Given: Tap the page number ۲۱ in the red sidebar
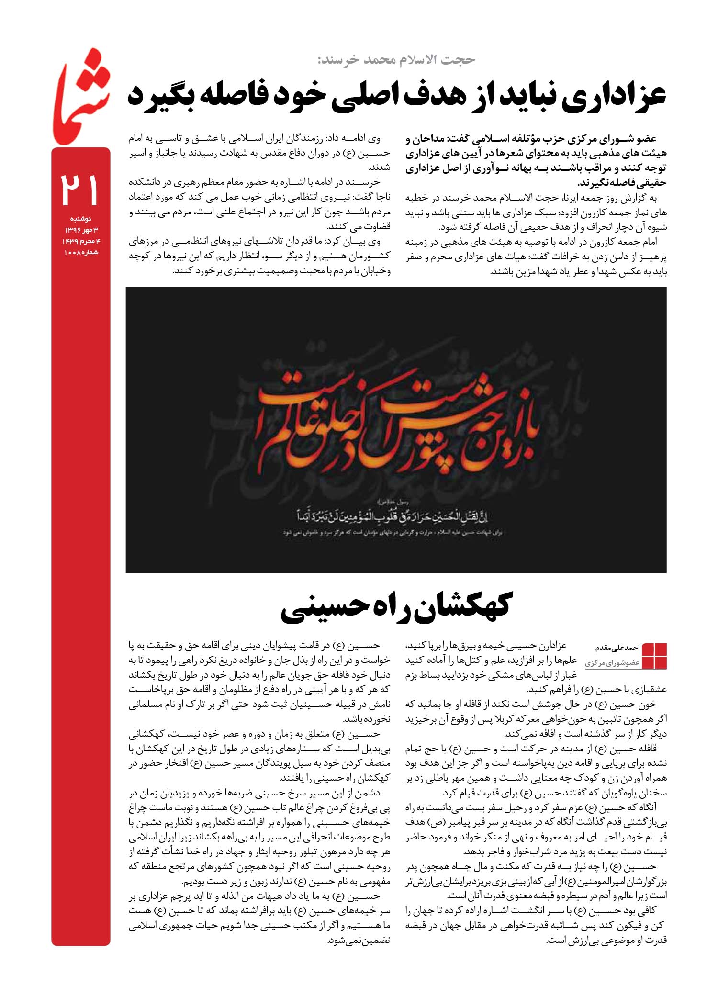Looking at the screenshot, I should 80,190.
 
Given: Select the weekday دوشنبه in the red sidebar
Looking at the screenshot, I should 80,219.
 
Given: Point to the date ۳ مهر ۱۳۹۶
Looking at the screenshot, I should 81,230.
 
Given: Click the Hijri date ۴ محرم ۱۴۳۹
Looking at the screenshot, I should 81,241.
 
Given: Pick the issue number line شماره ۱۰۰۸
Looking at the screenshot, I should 81,252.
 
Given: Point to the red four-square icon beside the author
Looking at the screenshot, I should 654,656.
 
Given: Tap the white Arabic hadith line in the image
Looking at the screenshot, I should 395,517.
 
